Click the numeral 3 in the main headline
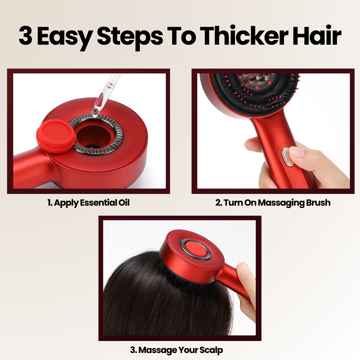(x=25, y=36)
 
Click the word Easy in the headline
(x=65, y=37)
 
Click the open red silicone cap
(x=56, y=136)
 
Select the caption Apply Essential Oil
(x=88, y=203)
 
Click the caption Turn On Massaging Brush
(x=273, y=203)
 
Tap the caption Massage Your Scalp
(x=176, y=350)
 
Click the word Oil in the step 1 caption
(x=124, y=203)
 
